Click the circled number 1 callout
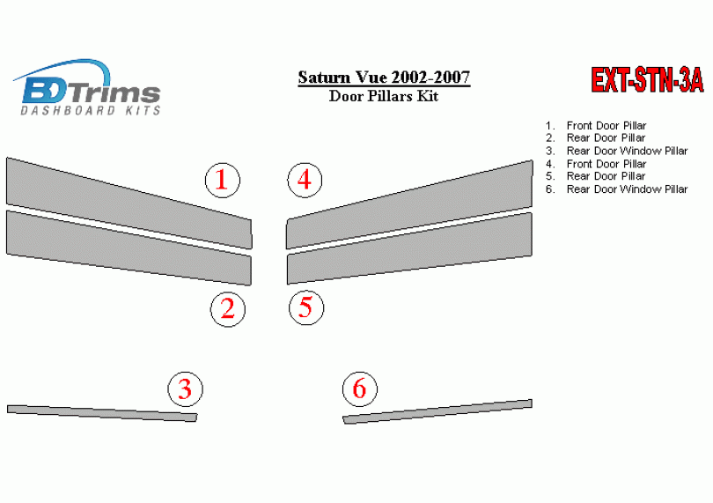[x=223, y=181]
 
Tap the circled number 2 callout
[x=228, y=309]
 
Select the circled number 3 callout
[x=185, y=389]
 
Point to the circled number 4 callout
[x=305, y=180]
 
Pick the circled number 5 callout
[x=306, y=307]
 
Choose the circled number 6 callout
[x=360, y=388]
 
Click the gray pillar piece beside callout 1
[x=129, y=203]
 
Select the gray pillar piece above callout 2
[x=129, y=248]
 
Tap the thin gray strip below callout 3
[x=102, y=413]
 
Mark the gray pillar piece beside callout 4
[x=409, y=204]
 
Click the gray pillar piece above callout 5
[x=409, y=248]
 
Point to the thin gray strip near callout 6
[x=437, y=411]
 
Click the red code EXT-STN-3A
[x=647, y=80]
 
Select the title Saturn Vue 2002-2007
[x=384, y=78]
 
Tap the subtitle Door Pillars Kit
[x=384, y=97]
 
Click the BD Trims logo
[x=87, y=87]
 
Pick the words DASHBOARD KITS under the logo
[x=91, y=110]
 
